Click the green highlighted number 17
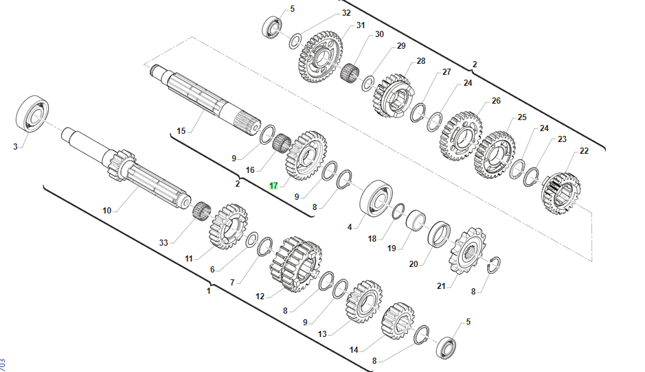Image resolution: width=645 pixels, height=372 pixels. coord(273,186)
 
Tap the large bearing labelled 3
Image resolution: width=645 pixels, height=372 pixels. coord(32,114)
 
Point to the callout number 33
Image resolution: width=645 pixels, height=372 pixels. coord(163,242)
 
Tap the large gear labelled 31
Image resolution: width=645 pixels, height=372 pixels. coord(321,56)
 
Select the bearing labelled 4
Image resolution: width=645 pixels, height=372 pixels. coord(376,198)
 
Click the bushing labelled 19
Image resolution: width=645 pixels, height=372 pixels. coord(416,220)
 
